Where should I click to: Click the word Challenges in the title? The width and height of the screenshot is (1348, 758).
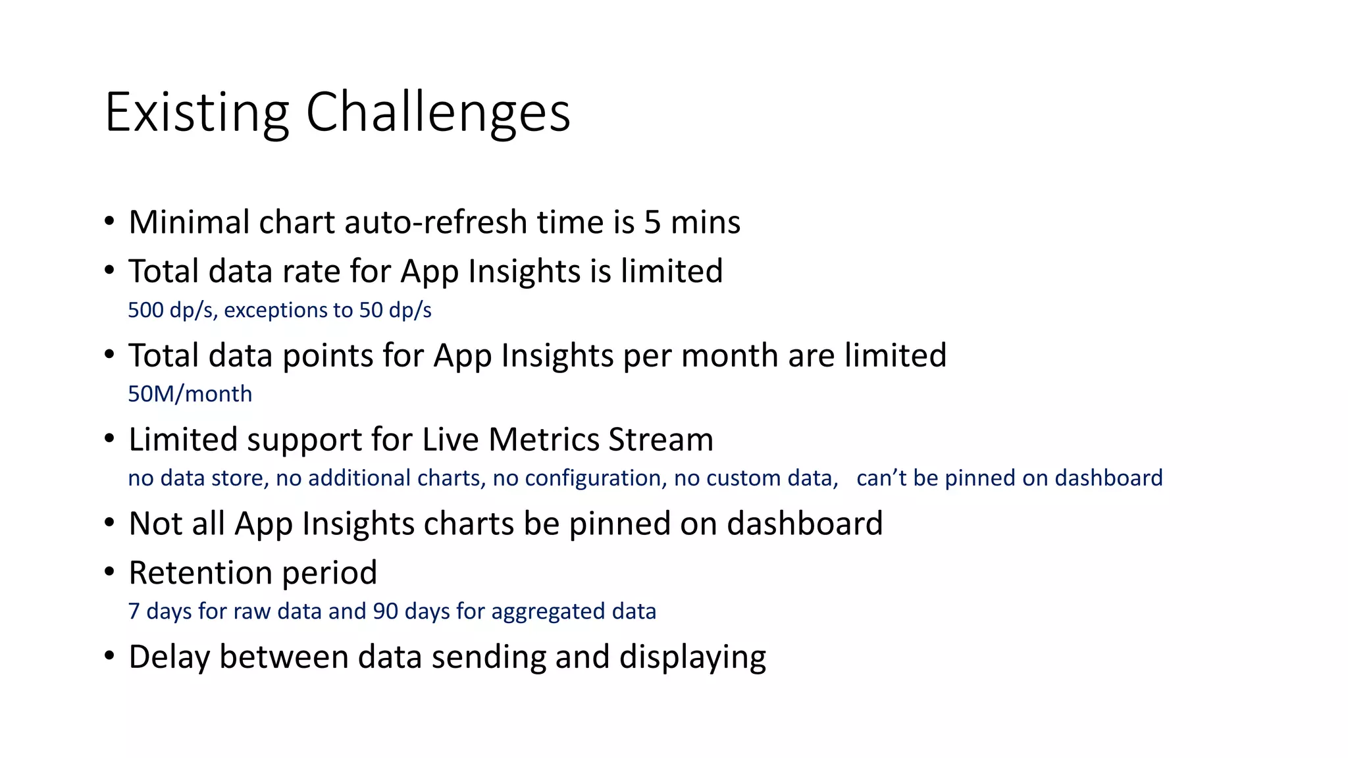(438, 113)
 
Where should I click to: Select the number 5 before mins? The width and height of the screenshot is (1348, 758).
(652, 222)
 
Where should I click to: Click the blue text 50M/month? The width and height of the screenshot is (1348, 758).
(190, 394)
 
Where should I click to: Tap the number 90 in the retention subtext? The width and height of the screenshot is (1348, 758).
(386, 611)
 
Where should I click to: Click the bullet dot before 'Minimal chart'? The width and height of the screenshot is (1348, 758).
(109, 220)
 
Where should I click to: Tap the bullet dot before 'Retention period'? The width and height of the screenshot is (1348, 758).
(109, 571)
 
